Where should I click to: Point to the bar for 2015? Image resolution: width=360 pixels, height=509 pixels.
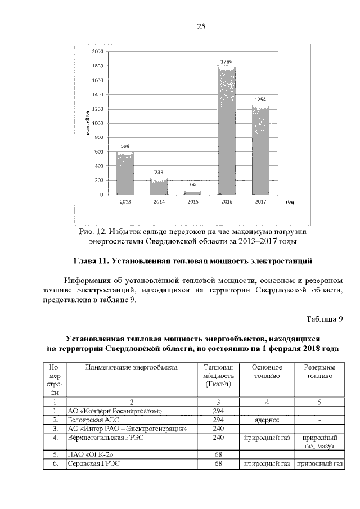192,192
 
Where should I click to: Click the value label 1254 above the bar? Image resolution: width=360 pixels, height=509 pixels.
260,100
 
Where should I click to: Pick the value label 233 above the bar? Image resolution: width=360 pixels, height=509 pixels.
159,173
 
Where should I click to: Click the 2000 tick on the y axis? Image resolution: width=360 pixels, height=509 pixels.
97,51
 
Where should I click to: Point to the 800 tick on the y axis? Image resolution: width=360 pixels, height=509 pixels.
99,137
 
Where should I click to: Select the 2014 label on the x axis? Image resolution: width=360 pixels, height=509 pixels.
159,201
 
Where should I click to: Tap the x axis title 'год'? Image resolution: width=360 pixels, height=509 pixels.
289,201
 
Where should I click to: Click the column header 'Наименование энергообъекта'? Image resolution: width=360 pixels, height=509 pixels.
131,367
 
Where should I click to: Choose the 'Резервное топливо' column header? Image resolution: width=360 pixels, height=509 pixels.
319,371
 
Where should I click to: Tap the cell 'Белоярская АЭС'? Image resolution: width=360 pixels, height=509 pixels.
93,420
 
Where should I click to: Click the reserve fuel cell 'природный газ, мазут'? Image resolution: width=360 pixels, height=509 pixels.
319,442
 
